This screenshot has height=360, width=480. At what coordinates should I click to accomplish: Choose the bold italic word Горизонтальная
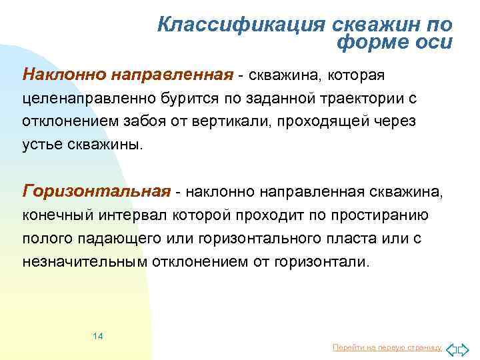click(97, 192)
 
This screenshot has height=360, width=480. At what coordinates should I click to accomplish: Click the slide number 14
click(97, 335)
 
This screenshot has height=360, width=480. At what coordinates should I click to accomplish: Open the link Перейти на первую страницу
click(387, 348)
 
